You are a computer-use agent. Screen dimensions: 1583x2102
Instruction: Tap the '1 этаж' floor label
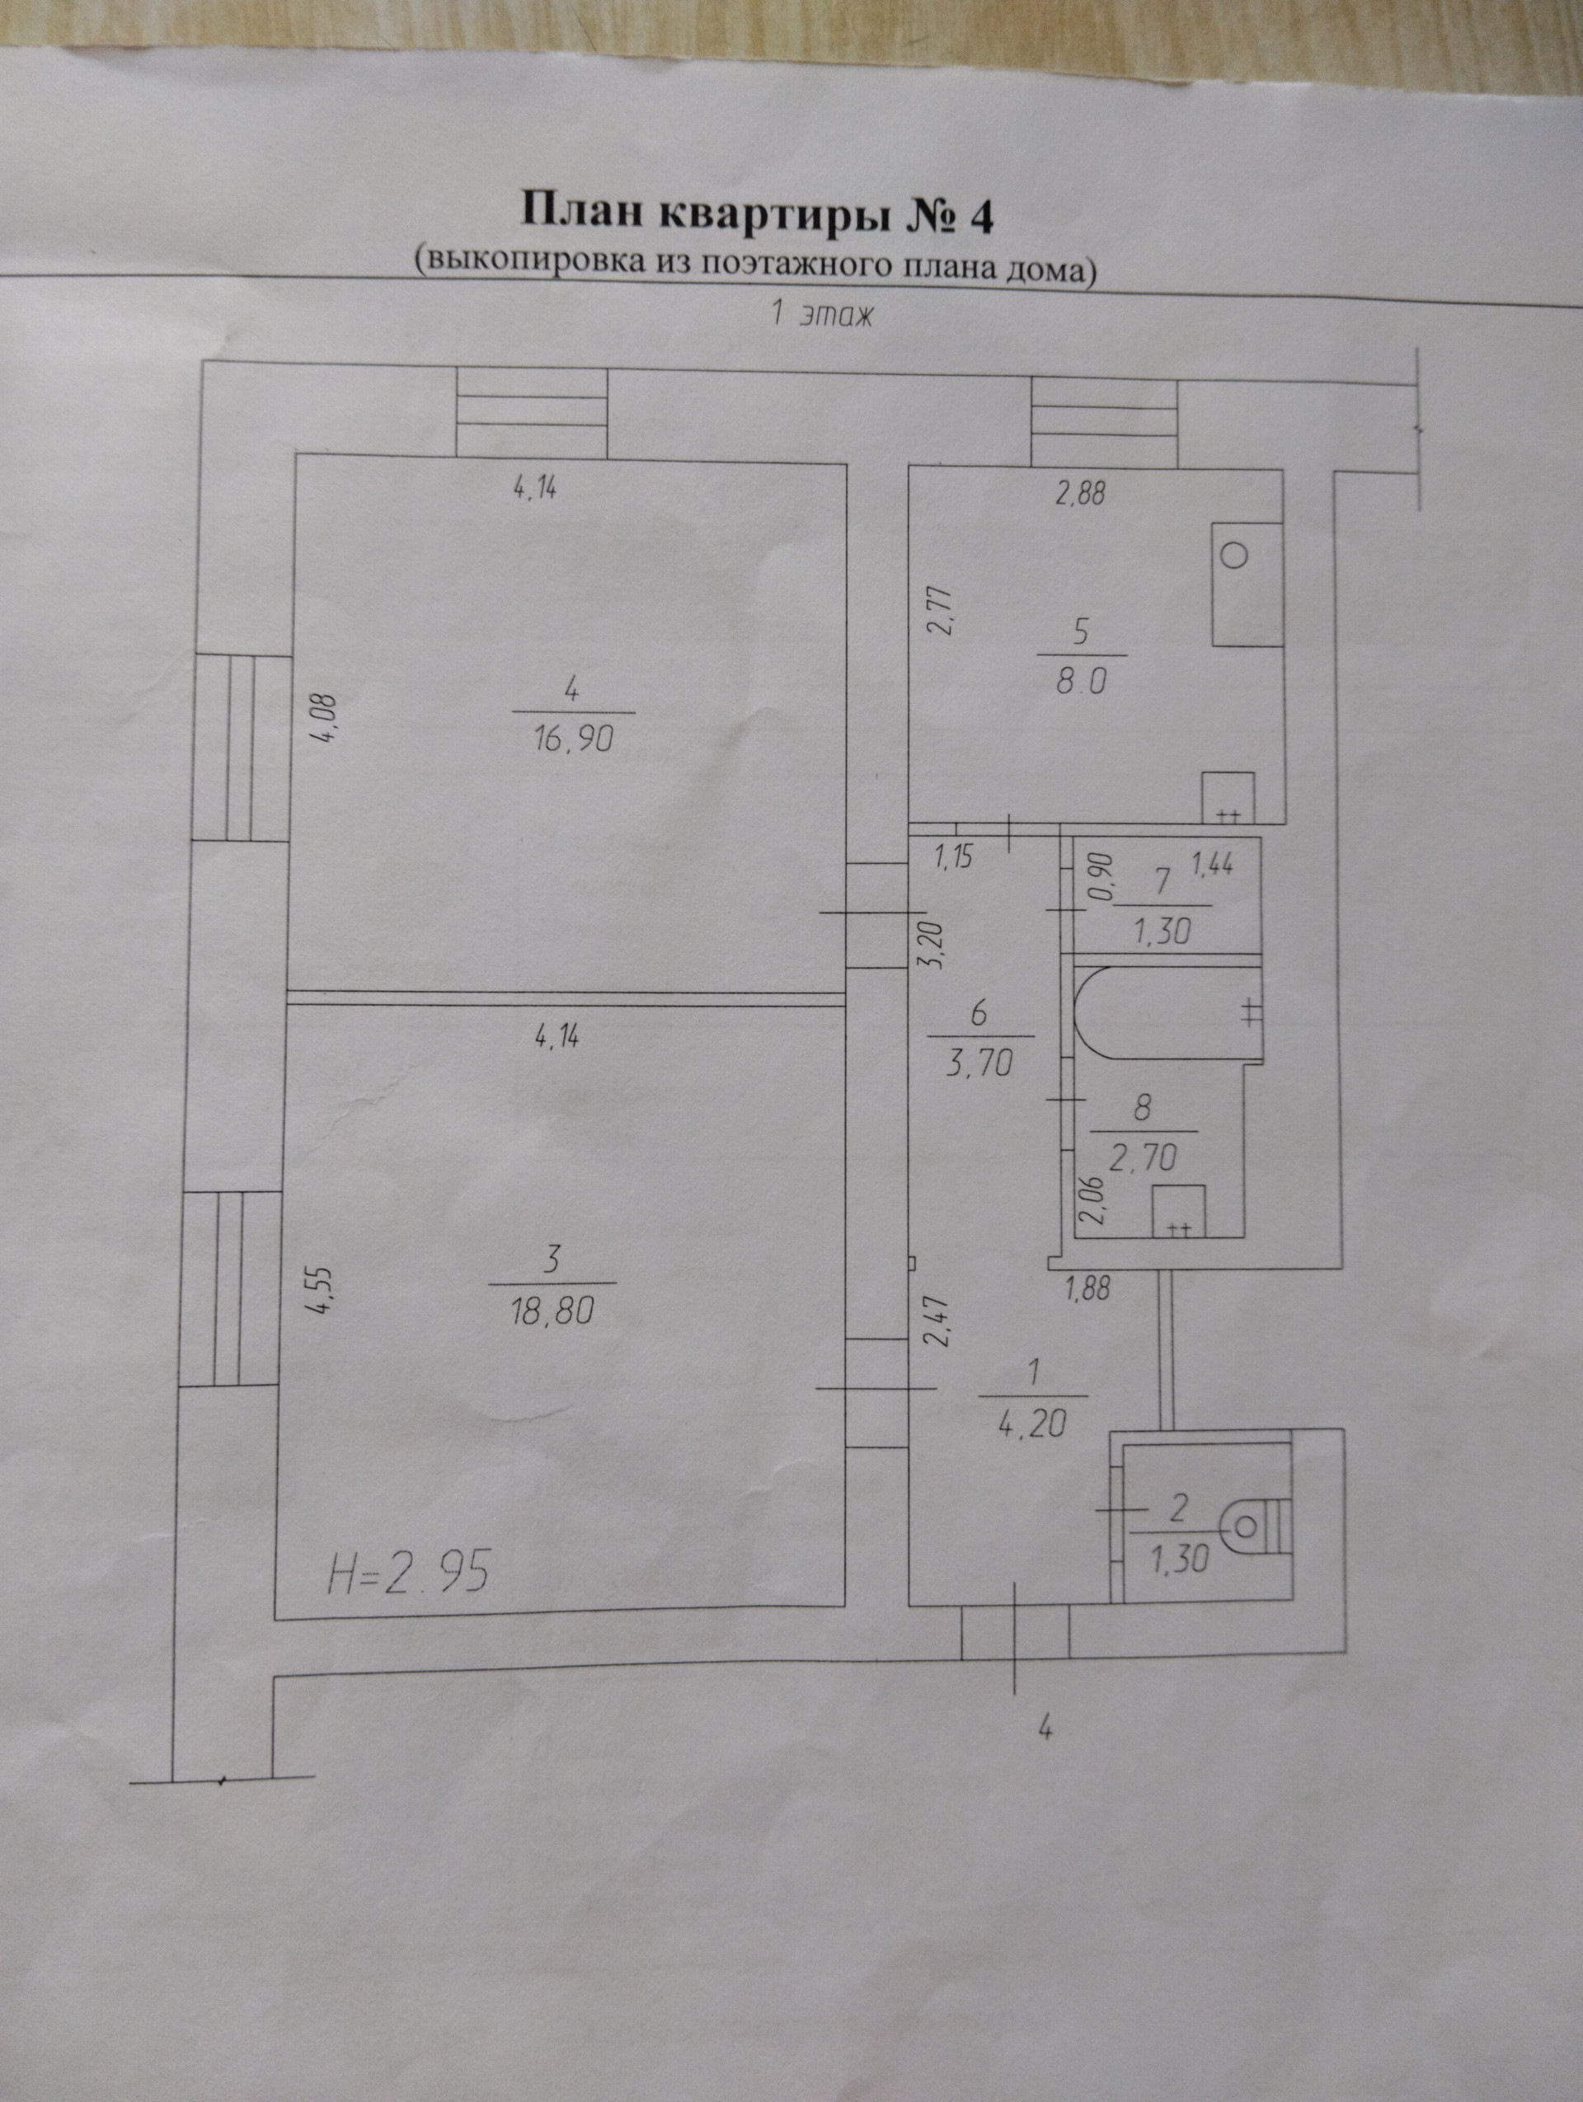(820, 315)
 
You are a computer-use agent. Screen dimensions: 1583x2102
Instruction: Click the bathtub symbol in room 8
(1165, 1012)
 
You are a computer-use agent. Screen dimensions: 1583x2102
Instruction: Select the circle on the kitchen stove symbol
(1234, 555)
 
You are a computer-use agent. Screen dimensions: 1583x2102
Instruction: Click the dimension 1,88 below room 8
(1088, 1289)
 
